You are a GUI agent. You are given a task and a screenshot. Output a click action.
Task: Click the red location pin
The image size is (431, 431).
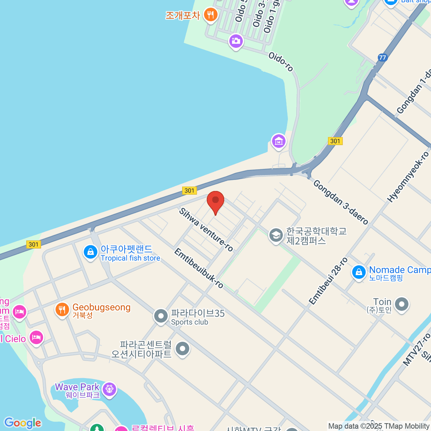coord(215,201)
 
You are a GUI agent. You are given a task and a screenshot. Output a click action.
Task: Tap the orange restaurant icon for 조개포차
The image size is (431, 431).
coord(210,15)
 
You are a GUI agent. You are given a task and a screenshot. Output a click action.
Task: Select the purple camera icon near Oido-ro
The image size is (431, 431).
coord(236,41)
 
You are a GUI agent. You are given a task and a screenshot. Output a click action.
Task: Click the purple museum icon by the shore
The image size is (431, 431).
coord(279,141)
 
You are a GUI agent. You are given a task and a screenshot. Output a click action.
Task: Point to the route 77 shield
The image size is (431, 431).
coord(382,57)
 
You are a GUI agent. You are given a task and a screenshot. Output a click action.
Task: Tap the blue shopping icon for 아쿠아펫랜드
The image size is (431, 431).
coord(91,252)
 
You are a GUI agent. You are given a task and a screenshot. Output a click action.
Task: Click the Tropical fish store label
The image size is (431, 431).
coord(130,258)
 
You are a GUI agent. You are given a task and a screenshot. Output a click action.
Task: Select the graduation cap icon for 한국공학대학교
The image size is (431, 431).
coord(276,236)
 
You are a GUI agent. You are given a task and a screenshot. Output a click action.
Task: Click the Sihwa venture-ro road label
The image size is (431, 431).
coord(206,230)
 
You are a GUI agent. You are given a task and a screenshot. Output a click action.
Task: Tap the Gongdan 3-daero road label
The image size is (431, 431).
coord(340,202)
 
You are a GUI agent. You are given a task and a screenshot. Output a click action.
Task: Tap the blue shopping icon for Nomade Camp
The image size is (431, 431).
coord(358,272)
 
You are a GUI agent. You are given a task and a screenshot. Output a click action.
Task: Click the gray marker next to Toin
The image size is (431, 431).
coord(402,304)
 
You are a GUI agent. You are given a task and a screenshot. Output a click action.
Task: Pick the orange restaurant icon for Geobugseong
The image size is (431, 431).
coord(62,309)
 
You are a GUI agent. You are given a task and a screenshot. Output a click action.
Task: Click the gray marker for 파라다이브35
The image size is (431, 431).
coord(161,316)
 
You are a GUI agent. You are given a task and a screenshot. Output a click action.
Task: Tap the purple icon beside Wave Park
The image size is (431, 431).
coord(109,389)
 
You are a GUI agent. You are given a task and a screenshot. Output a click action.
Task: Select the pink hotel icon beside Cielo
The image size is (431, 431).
coord(36,338)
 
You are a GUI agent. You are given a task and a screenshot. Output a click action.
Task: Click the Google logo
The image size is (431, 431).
coord(23,423)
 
